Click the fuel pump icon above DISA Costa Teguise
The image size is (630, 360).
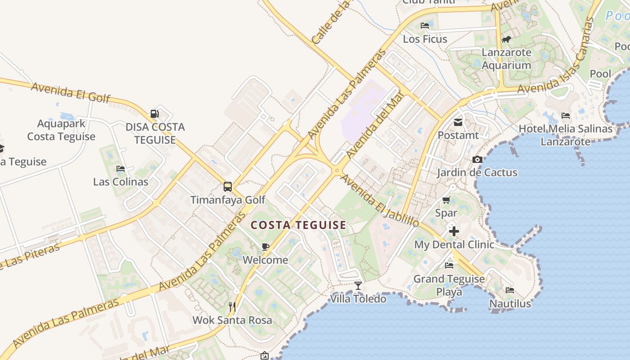[154, 114]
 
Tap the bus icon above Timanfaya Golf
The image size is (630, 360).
[228, 186]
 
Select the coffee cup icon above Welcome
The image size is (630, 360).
[265, 247]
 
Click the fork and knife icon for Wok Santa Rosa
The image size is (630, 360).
[232, 307]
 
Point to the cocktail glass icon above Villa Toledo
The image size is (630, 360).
[358, 285]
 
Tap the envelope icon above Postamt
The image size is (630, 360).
[458, 122]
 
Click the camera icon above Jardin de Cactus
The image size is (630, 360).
[477, 159]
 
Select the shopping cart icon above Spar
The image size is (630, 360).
[446, 200]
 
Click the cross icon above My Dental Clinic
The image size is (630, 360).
[454, 231]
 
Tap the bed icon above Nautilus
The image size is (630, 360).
[510, 290]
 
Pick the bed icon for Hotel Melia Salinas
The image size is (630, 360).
[566, 116]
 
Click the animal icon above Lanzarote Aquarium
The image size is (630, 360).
[506, 40]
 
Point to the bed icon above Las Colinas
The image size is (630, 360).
[121, 169]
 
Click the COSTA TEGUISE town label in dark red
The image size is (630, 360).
[298, 225]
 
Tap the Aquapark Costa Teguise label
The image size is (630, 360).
[61, 130]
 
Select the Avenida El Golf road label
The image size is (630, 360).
[70, 92]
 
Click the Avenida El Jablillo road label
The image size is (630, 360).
[380, 200]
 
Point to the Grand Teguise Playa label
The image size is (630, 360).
[449, 285]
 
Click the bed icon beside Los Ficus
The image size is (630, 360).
[425, 26]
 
